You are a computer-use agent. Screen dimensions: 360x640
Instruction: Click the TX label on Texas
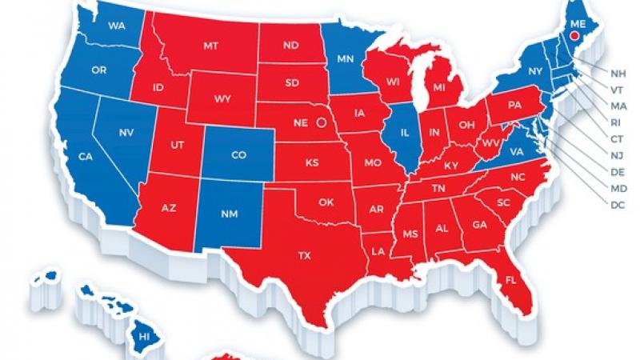point(304,256)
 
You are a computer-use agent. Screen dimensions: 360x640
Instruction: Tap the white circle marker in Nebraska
point(322,123)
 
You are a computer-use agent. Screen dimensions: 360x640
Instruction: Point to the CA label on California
point(86,158)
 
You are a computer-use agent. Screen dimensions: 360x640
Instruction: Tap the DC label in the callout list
point(617,206)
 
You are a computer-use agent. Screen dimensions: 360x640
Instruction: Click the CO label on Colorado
point(239,157)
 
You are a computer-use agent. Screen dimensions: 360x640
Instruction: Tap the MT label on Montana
point(210,47)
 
